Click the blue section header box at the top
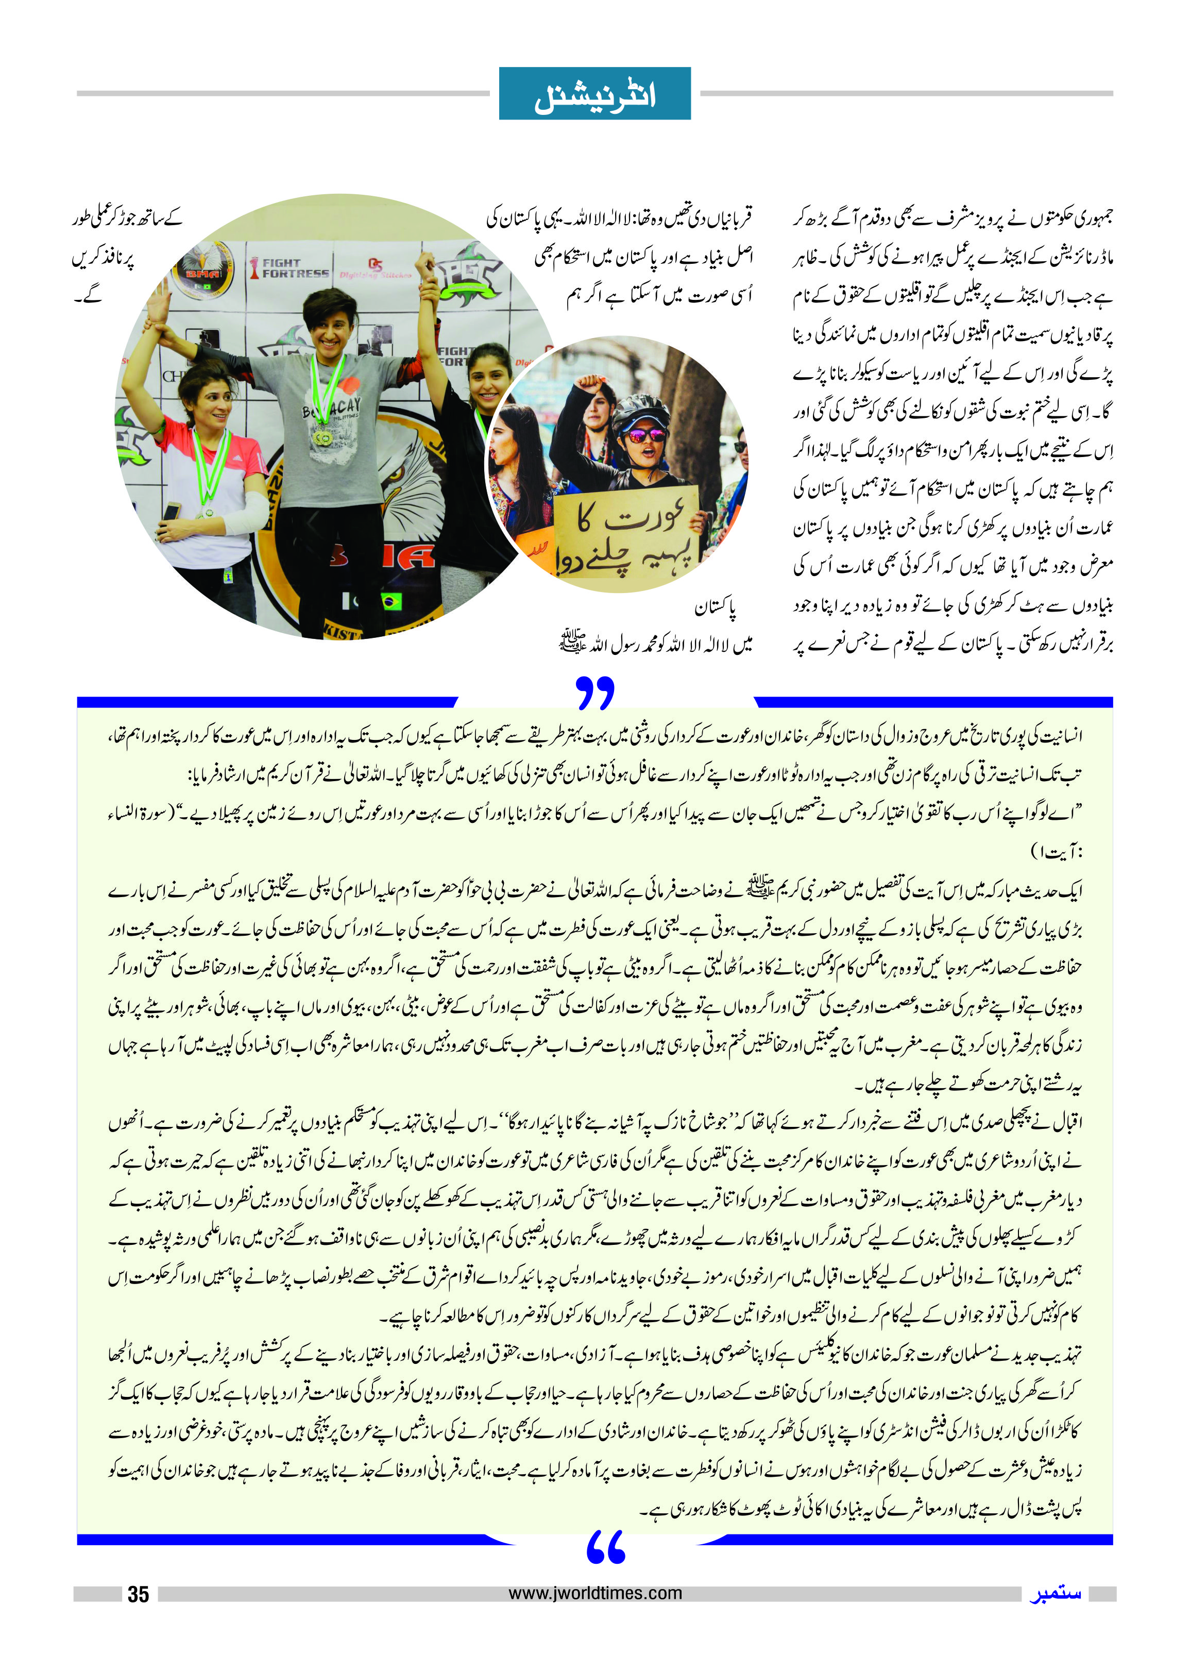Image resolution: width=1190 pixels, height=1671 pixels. point(594,93)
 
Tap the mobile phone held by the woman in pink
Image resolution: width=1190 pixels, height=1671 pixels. point(172,511)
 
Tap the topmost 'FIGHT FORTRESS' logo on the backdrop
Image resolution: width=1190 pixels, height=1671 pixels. point(291,268)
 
